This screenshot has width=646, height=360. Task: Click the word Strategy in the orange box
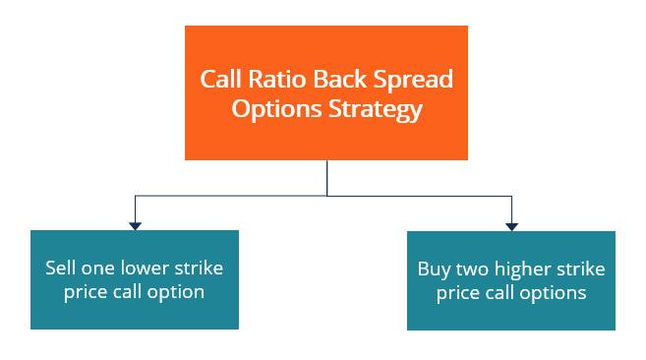click(x=373, y=108)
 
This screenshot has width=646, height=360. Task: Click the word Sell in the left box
click(x=60, y=268)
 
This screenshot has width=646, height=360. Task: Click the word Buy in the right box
click(x=433, y=269)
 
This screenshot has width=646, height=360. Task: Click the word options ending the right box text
click(x=557, y=293)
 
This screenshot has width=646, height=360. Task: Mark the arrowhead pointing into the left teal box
click(x=136, y=225)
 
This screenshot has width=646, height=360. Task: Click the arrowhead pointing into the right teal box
click(x=511, y=225)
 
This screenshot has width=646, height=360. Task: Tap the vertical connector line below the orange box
click(x=326, y=177)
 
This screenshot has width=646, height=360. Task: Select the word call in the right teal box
click(x=506, y=293)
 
